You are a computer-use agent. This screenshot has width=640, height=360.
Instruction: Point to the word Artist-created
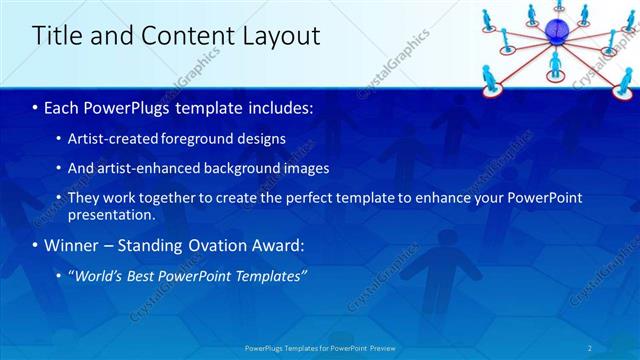(x=112, y=139)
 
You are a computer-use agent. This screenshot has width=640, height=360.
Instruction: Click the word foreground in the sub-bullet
(x=199, y=139)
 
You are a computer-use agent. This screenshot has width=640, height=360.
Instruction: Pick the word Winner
(x=74, y=245)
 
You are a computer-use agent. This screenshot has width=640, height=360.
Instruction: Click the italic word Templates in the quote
(x=267, y=275)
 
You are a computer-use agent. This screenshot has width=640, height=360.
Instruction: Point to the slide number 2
(x=590, y=347)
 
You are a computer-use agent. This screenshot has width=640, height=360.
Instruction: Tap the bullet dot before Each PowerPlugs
(x=37, y=107)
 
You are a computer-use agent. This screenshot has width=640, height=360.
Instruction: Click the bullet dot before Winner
(x=37, y=245)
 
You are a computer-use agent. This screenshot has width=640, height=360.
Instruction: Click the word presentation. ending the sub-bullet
(x=111, y=214)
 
